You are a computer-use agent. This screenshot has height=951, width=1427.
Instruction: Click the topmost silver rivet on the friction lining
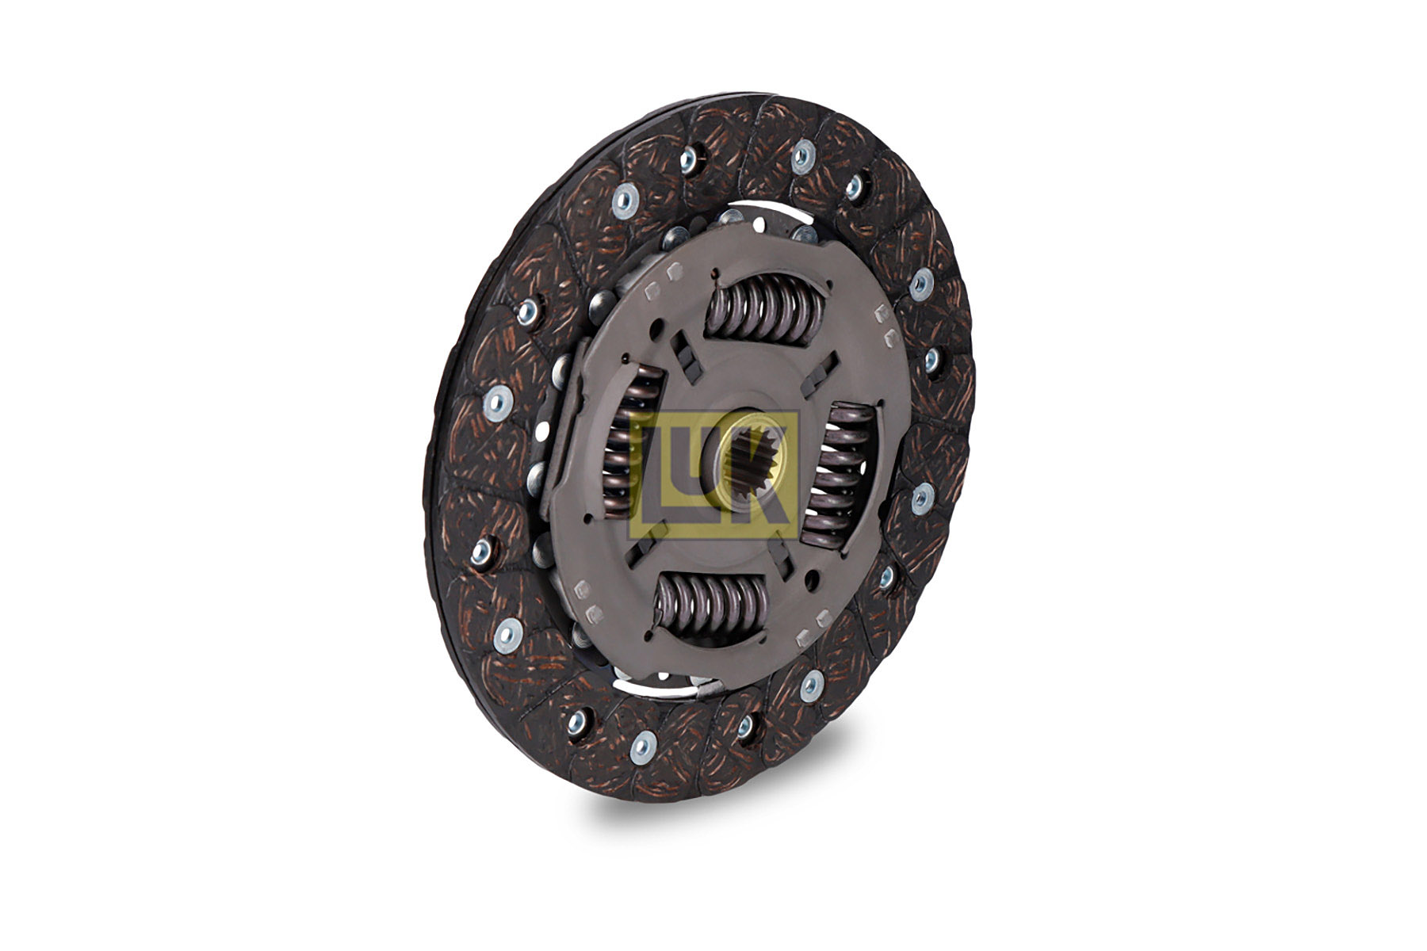(802, 156)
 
